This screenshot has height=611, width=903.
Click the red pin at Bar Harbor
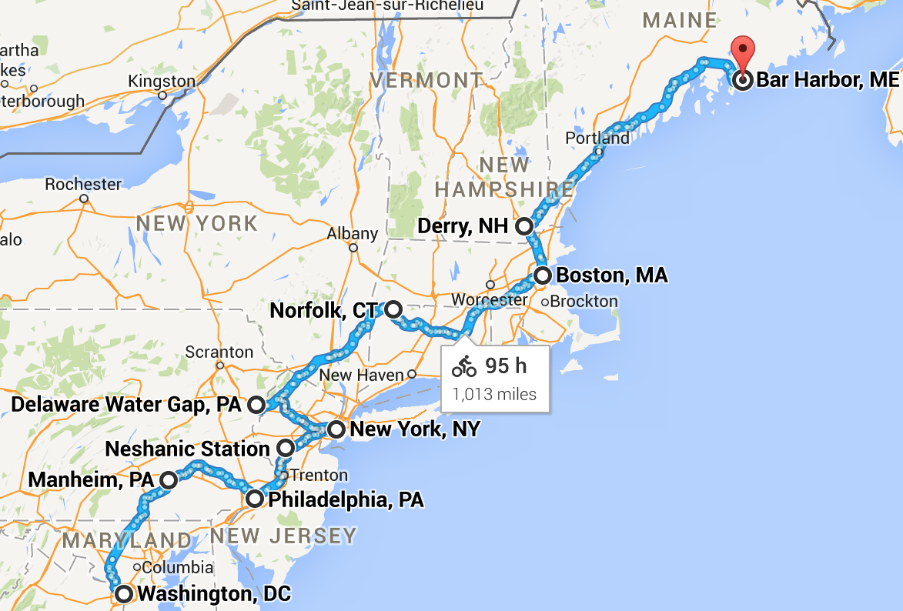coord(743,52)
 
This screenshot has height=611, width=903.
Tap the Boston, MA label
coord(611,275)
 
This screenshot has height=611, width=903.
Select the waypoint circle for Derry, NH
coord(524,226)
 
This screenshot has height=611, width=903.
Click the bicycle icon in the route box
coord(464,366)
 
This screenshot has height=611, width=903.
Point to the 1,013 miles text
coord(493,395)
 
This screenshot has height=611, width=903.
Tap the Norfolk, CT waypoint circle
coord(393,309)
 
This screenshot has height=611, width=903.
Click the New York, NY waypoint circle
coord(336,429)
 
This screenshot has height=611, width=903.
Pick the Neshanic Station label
coord(187,449)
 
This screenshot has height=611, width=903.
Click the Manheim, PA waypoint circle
coord(169,480)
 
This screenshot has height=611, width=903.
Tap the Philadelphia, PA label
coord(346,500)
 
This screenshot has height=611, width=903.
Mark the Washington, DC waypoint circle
coord(122,593)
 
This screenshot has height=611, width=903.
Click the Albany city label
coord(353,233)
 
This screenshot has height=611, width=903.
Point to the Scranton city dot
coord(220,366)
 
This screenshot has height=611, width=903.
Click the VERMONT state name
coord(426,80)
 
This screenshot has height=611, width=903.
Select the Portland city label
coord(597,139)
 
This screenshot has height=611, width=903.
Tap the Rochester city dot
coord(84,199)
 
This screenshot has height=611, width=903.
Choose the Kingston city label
coord(162,82)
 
